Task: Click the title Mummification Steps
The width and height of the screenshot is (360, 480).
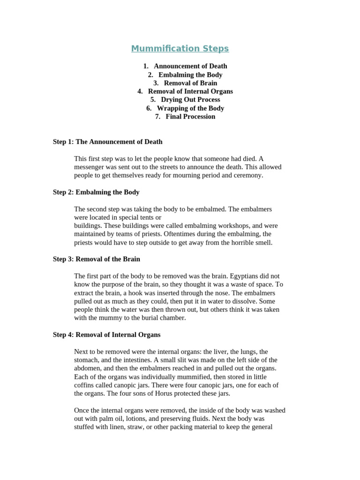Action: pos(180,49)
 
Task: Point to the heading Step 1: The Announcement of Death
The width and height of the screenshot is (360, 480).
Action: pos(107,142)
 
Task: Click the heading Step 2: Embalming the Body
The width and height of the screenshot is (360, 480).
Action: pos(96,192)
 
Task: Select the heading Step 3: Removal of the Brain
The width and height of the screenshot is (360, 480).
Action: pos(96,259)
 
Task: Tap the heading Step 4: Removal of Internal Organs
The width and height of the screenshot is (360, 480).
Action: pos(106,335)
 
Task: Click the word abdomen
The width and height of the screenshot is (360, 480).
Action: pos(88,368)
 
